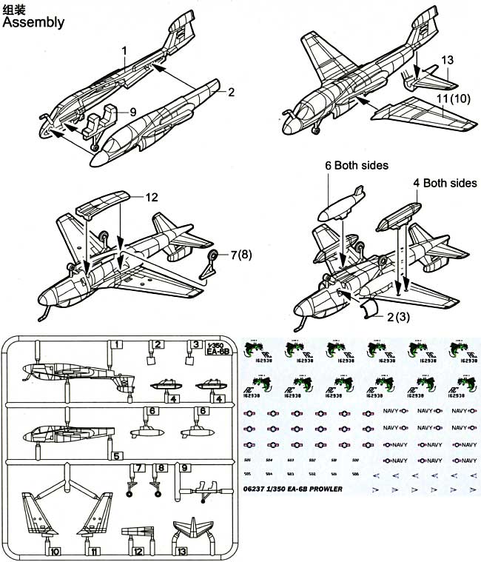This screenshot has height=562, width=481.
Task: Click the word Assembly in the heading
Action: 34,22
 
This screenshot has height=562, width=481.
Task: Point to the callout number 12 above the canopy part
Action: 152,197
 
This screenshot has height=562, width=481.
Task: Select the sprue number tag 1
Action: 115,344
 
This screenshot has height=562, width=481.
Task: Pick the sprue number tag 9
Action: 184,467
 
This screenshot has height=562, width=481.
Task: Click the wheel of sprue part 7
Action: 131,492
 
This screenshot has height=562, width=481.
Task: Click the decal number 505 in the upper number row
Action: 246,460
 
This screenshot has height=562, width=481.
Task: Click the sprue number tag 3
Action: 196,344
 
